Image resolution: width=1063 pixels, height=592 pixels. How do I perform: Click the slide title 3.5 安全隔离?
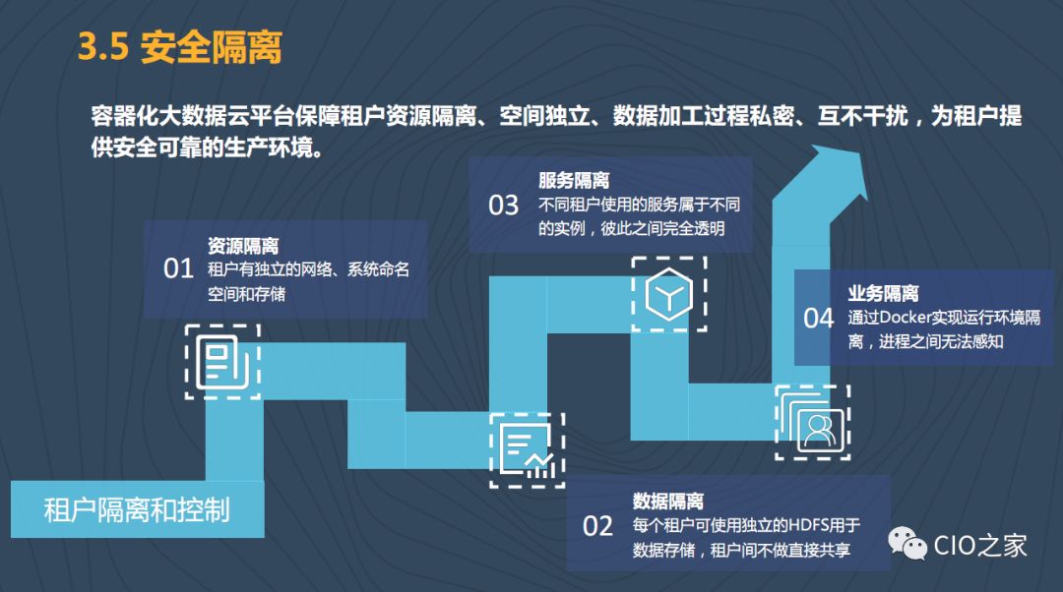(180, 47)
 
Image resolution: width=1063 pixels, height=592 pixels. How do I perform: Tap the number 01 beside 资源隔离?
(178, 268)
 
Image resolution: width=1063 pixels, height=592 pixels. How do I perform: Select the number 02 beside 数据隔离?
(597, 526)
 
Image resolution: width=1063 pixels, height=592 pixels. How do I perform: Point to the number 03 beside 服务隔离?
(503, 205)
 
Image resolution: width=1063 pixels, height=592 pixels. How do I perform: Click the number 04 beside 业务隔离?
(818, 318)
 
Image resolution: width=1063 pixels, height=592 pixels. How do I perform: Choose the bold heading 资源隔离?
(243, 246)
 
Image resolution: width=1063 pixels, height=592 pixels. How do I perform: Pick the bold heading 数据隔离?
(668, 502)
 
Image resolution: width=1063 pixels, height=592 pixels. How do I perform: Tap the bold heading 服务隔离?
(574, 181)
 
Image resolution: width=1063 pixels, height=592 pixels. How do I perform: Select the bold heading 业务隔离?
(883, 293)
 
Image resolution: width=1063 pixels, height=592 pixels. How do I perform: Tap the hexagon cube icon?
(668, 293)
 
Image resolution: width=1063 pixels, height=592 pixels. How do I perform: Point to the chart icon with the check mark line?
(527, 450)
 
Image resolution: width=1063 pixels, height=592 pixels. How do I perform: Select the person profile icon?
(813, 423)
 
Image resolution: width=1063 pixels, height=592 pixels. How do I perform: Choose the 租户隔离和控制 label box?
(137, 509)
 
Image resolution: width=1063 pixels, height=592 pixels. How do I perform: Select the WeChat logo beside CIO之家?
(907, 545)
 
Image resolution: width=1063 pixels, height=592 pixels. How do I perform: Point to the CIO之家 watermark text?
(979, 545)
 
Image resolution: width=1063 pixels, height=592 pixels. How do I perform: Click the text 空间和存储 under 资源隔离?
(247, 293)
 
